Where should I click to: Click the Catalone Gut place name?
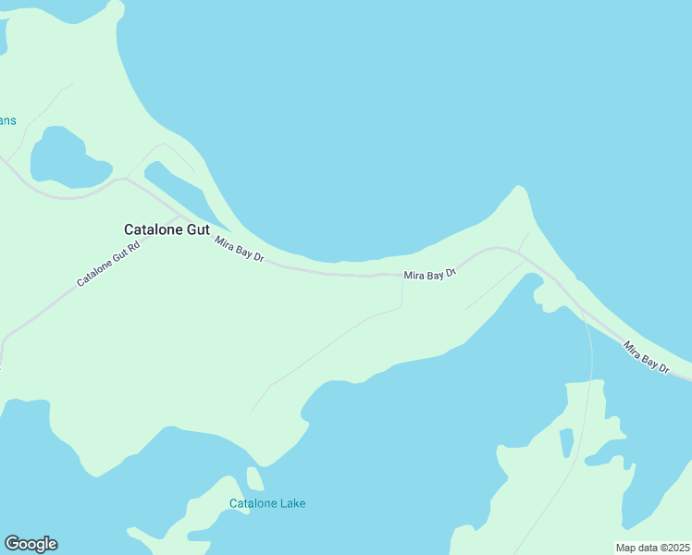click(167, 229)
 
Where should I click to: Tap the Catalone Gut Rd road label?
click(107, 265)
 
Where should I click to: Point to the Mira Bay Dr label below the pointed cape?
click(430, 275)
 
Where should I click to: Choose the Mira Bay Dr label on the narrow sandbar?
click(646, 357)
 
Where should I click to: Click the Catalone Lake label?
click(267, 504)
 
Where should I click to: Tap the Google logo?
click(31, 544)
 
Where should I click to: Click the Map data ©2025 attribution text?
click(652, 548)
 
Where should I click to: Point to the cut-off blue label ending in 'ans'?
click(7, 120)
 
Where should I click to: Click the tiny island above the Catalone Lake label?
click(254, 478)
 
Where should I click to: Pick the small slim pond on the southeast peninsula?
click(566, 443)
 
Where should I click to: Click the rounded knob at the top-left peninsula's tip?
click(114, 8)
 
